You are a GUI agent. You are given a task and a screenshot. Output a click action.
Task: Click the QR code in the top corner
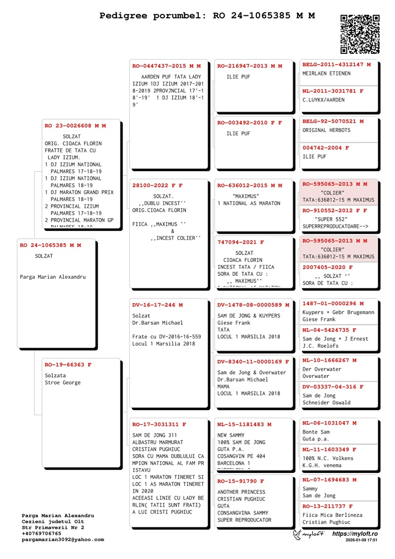(x=360, y=34)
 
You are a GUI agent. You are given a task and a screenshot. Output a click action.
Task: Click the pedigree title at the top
(x=207, y=16)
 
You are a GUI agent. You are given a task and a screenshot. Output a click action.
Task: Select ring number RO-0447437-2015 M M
(x=166, y=66)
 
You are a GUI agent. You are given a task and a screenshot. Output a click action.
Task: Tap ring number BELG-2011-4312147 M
(x=336, y=65)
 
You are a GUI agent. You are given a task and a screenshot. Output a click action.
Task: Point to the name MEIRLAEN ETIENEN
(x=326, y=74)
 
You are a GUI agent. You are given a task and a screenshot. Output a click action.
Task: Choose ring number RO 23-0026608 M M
(x=75, y=126)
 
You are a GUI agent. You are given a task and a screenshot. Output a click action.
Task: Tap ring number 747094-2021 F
(x=240, y=243)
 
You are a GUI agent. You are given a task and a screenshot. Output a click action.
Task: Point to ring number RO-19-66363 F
(x=68, y=365)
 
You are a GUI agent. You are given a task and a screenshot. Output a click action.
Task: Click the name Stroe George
(x=62, y=383)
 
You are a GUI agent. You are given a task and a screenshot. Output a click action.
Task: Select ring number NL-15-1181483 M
(x=244, y=425)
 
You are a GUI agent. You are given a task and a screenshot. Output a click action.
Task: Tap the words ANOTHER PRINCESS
(x=241, y=492)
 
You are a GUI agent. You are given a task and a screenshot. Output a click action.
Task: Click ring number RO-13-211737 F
(x=327, y=506)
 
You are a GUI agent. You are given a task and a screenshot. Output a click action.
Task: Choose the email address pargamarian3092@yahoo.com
(x=63, y=540)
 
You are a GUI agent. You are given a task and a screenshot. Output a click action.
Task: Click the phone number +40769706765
(x=41, y=534)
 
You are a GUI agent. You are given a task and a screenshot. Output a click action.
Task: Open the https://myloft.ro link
(x=355, y=534)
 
